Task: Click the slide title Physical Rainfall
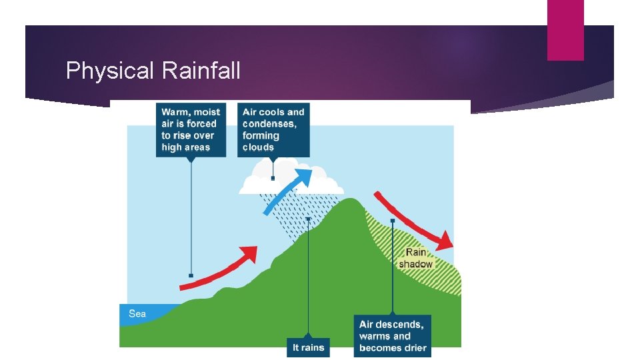click(x=153, y=71)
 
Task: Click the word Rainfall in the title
click(x=201, y=71)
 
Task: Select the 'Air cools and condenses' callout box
click(x=273, y=129)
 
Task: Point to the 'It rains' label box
click(x=309, y=347)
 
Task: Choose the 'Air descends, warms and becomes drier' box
click(x=393, y=335)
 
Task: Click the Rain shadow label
click(x=416, y=258)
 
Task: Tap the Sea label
click(x=137, y=313)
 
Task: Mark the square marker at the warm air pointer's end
click(x=191, y=275)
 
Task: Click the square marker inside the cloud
click(x=273, y=178)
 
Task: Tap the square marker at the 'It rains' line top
click(x=308, y=218)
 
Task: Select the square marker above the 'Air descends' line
click(x=393, y=220)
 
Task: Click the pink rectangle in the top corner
click(x=565, y=30)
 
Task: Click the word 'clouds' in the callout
click(x=259, y=147)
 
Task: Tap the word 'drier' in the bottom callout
click(x=413, y=347)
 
